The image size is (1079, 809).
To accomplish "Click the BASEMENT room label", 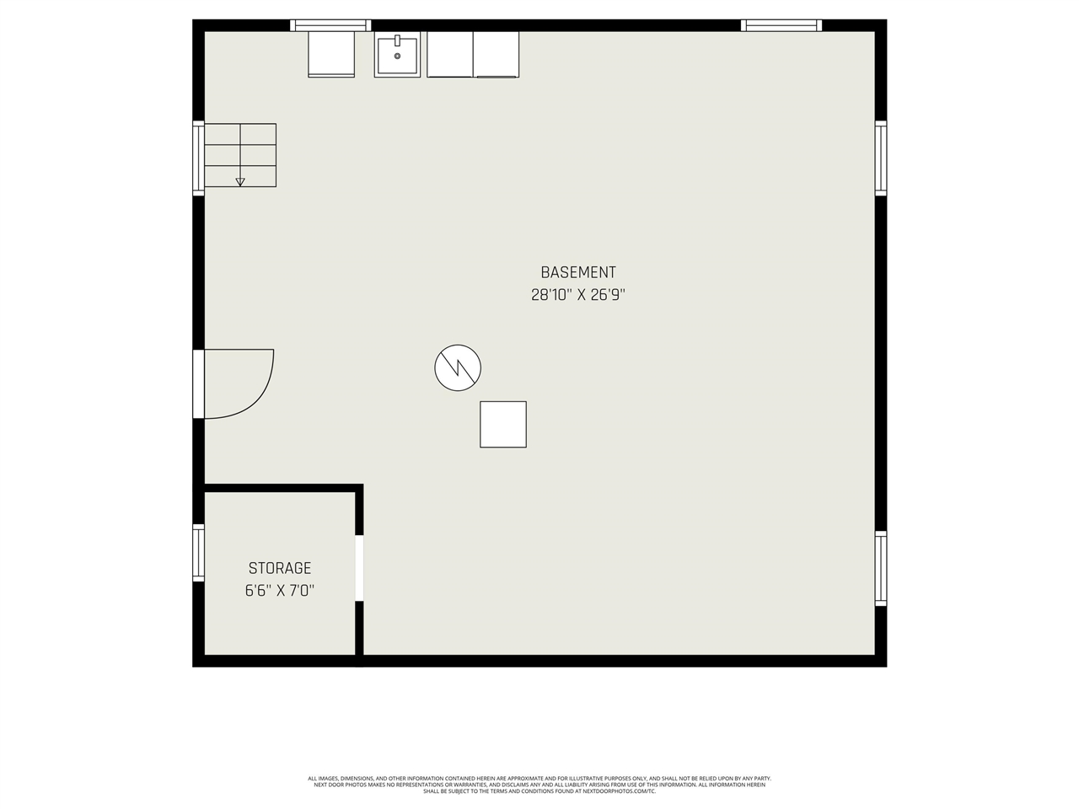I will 577,272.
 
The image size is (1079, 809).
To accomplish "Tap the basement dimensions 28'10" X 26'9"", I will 577,295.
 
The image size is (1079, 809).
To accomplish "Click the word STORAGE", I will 280,569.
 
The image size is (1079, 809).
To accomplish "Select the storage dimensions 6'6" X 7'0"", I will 280,591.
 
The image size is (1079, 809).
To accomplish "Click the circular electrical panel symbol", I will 458,367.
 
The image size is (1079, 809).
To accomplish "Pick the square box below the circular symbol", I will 503,424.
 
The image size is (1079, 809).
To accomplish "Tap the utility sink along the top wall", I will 397,55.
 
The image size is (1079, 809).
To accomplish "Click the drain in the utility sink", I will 397,56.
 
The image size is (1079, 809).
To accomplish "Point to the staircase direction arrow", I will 240,180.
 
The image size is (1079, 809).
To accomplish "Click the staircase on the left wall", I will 240,155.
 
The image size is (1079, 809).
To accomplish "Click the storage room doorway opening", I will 359,568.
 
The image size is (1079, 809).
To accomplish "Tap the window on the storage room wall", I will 199,552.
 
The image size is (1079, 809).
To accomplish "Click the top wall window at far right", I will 781,25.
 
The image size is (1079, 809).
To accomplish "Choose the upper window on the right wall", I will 881,158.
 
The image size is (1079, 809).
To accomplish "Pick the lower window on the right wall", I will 881,568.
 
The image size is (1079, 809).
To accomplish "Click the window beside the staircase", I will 199,158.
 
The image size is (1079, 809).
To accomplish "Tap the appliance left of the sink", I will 331,54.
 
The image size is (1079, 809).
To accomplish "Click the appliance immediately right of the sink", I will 450,54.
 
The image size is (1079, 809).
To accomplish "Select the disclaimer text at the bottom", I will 539,785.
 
